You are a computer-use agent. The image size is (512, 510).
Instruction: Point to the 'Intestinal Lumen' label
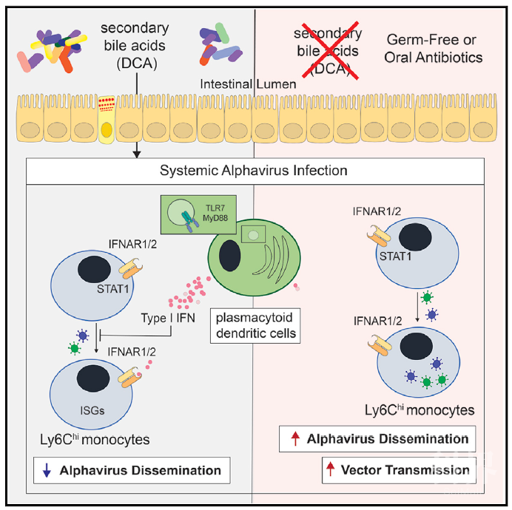point(248,85)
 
